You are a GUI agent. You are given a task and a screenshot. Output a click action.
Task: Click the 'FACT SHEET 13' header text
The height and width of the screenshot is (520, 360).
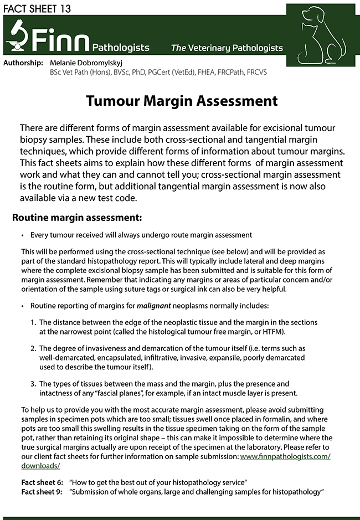click(36, 8)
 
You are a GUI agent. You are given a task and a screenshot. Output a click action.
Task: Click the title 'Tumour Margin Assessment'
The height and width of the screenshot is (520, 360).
click(182, 101)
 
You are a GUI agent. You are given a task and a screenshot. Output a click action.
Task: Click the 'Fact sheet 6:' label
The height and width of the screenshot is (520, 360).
click(42, 483)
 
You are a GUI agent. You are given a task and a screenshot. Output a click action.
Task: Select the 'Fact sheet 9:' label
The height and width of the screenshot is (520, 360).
click(42, 492)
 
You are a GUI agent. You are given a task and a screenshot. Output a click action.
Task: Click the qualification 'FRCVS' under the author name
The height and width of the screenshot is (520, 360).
click(255, 73)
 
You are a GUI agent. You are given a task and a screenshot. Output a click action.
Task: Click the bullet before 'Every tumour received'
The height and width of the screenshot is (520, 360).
click(22, 235)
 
